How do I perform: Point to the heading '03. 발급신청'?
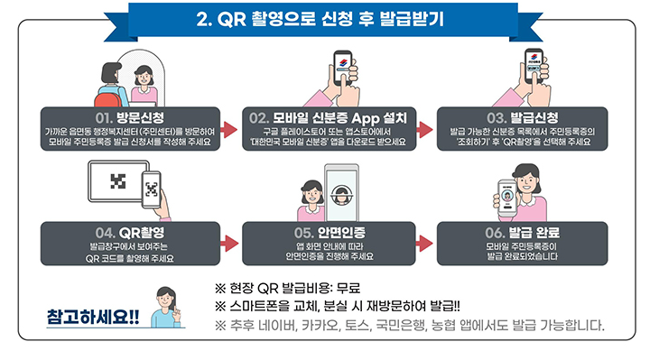pos(523,117)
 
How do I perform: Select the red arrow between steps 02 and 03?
pos(424,131)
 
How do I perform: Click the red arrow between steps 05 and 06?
pos(424,242)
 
